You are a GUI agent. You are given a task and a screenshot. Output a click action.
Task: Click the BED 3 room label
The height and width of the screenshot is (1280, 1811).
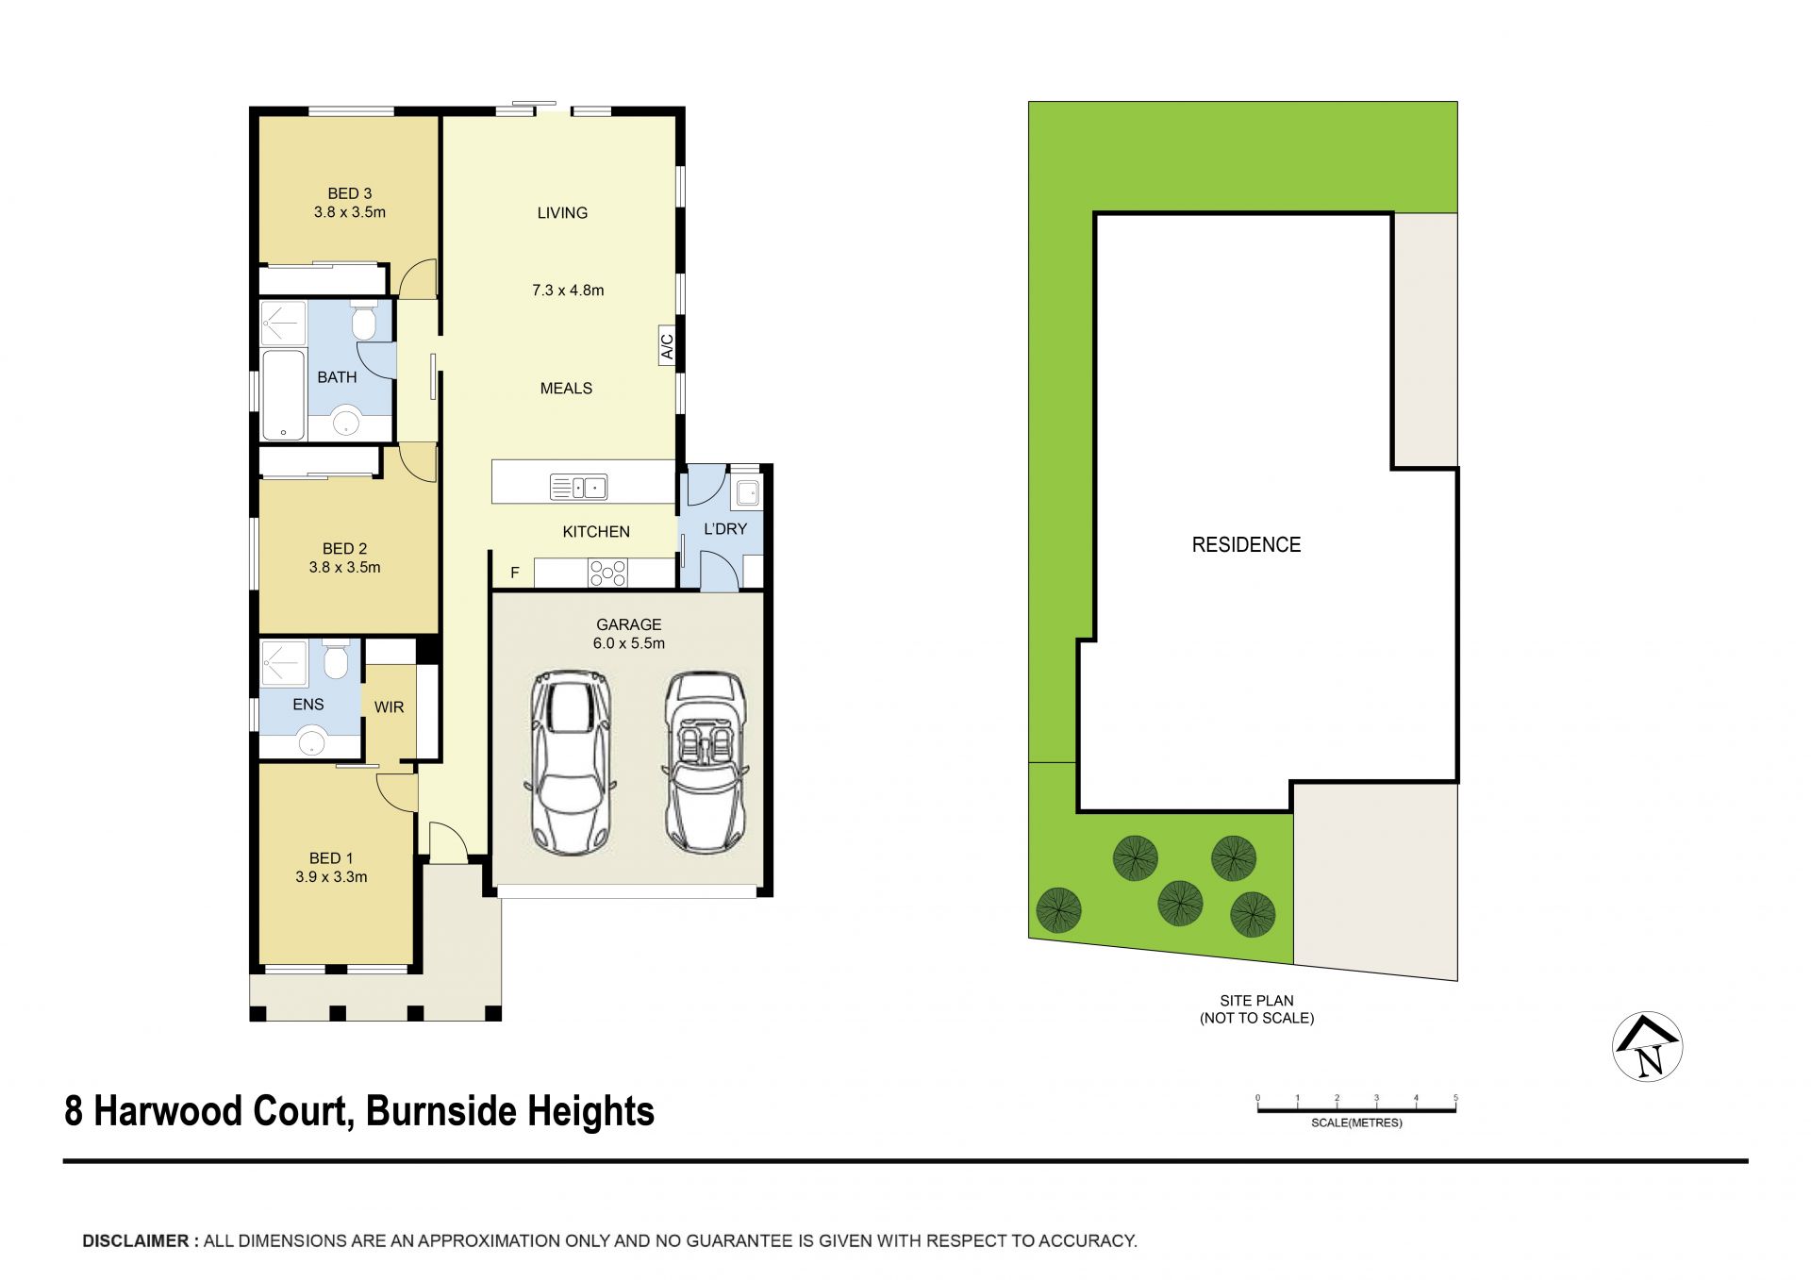pyautogui.click(x=350, y=193)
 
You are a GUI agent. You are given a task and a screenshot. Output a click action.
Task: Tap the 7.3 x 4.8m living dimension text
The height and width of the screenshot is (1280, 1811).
pyautogui.click(x=568, y=291)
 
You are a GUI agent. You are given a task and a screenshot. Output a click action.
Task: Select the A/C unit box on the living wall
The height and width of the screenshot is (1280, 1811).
pyautogui.click(x=667, y=346)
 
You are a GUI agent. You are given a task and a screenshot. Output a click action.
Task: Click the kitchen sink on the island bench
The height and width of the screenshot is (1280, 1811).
pyautogui.click(x=578, y=488)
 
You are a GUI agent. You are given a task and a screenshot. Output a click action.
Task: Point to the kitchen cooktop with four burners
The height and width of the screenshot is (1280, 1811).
pyautogui.click(x=607, y=574)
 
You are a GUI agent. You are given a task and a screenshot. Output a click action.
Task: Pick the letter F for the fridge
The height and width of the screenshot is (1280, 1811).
pyautogui.click(x=515, y=573)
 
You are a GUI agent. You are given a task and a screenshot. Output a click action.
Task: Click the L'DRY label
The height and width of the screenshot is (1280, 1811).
pyautogui.click(x=725, y=529)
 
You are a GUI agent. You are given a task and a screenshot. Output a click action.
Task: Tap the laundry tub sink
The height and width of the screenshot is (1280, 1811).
pyautogui.click(x=747, y=491)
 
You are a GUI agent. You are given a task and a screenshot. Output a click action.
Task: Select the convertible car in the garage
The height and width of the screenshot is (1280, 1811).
pyautogui.click(x=706, y=762)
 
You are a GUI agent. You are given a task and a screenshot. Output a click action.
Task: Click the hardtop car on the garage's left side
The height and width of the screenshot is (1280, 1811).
pyautogui.click(x=571, y=762)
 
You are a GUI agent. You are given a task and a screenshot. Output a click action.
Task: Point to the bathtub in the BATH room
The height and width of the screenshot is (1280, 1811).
pyautogui.click(x=283, y=395)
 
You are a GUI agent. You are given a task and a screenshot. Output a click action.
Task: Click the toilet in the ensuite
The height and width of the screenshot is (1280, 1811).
pyautogui.click(x=336, y=660)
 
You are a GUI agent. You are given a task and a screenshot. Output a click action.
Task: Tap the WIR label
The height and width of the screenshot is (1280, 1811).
pyautogui.click(x=389, y=707)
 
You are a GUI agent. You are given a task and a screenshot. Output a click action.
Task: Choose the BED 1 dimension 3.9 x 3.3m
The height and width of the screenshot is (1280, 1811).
pyautogui.click(x=331, y=877)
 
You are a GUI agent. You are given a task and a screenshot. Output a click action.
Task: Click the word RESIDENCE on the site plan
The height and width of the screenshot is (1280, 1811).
pyautogui.click(x=1246, y=545)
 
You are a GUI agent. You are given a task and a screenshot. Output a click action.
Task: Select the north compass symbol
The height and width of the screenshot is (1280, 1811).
pyautogui.click(x=1648, y=1047)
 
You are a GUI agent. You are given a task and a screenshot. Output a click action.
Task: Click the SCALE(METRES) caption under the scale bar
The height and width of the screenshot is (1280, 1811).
pyautogui.click(x=1356, y=1123)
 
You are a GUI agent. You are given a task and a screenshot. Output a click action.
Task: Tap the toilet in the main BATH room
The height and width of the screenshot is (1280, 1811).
pyautogui.click(x=363, y=322)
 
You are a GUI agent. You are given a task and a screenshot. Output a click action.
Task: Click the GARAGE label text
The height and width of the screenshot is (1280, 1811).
pyautogui.click(x=629, y=624)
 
